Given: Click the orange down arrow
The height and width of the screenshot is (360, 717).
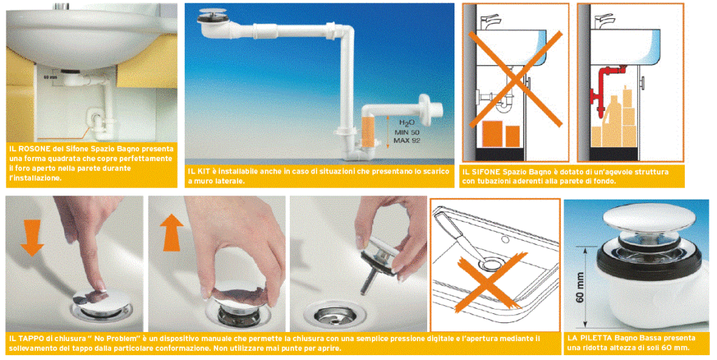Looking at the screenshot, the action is (32, 237).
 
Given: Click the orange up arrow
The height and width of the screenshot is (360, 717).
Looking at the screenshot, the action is (172, 233).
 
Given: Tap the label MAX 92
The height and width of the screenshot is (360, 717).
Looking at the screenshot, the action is (407, 141).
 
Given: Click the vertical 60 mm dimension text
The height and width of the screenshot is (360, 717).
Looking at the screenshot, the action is (580, 287).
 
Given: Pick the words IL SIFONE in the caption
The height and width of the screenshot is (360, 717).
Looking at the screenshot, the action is (483, 172).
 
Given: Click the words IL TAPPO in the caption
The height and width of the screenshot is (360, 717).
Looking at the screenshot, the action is (28, 339).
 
